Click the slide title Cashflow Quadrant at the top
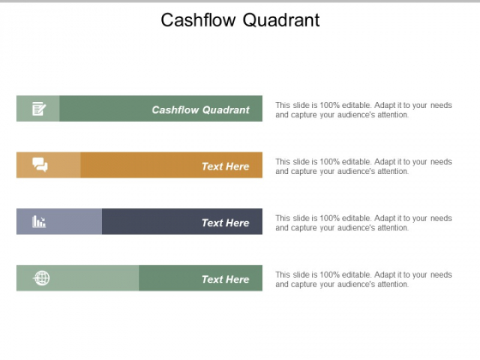(240, 21)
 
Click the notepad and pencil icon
(39, 109)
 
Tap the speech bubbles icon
(40, 165)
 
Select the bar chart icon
(39, 221)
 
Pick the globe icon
(41, 278)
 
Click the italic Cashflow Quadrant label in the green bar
(201, 110)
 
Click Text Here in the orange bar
(225, 166)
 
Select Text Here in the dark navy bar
(225, 223)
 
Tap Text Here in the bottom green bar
(225, 279)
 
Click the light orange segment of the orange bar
(49, 165)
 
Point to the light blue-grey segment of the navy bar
(59, 221)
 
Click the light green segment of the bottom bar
(78, 278)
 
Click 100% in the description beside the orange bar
(330, 162)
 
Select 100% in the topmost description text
(330, 105)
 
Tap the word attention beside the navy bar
(393, 228)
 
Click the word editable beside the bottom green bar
(357, 274)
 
